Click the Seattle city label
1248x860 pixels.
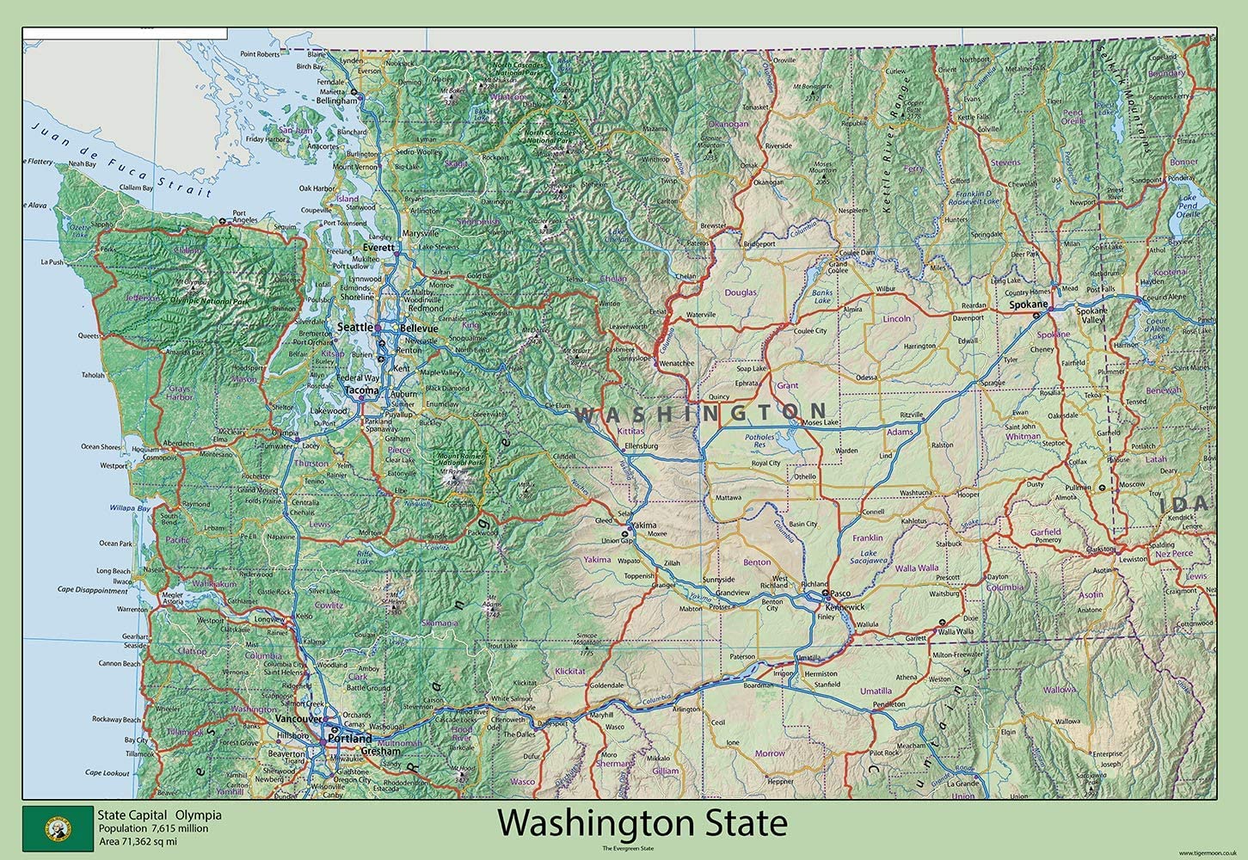[355, 328]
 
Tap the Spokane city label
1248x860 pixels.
[1028, 304]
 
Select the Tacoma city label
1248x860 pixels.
[361, 390]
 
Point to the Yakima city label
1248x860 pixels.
[643, 525]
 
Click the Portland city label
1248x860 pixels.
[350, 739]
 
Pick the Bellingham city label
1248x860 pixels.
[336, 101]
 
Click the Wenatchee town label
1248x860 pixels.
[677, 363]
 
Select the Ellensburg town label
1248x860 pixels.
[641, 446]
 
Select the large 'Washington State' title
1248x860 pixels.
[642, 823]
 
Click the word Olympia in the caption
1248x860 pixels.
[199, 815]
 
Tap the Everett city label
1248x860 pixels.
[378, 248]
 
